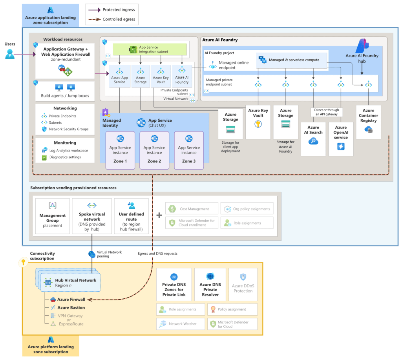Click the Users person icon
click(x=10, y=54)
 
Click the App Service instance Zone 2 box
click(x=154, y=150)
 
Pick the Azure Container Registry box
click(x=368, y=122)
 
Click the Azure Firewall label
click(x=71, y=300)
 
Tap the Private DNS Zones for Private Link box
click(x=174, y=285)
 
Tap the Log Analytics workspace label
click(x=69, y=151)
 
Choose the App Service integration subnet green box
click(x=150, y=49)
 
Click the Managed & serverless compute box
click(x=292, y=60)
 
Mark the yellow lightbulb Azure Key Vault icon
click(x=258, y=124)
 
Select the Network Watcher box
click(x=181, y=324)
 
